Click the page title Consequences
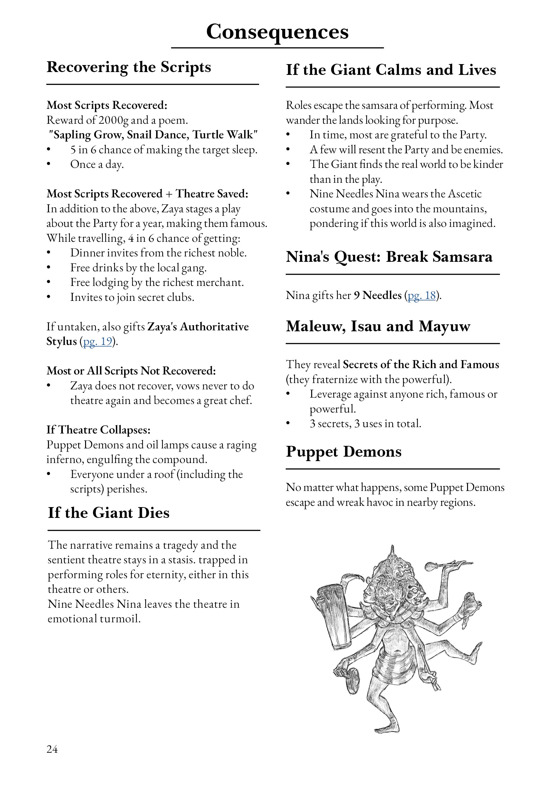click(x=277, y=32)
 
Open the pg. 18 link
click(x=422, y=295)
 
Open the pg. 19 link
click(x=98, y=341)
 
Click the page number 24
click(x=52, y=749)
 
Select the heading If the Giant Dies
click(x=109, y=513)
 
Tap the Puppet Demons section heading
click(x=344, y=452)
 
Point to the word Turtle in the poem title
click(x=207, y=135)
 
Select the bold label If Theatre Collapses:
click(x=98, y=430)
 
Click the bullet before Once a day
click(x=49, y=164)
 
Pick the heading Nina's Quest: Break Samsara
click(x=389, y=257)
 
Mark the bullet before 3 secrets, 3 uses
click(x=288, y=424)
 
